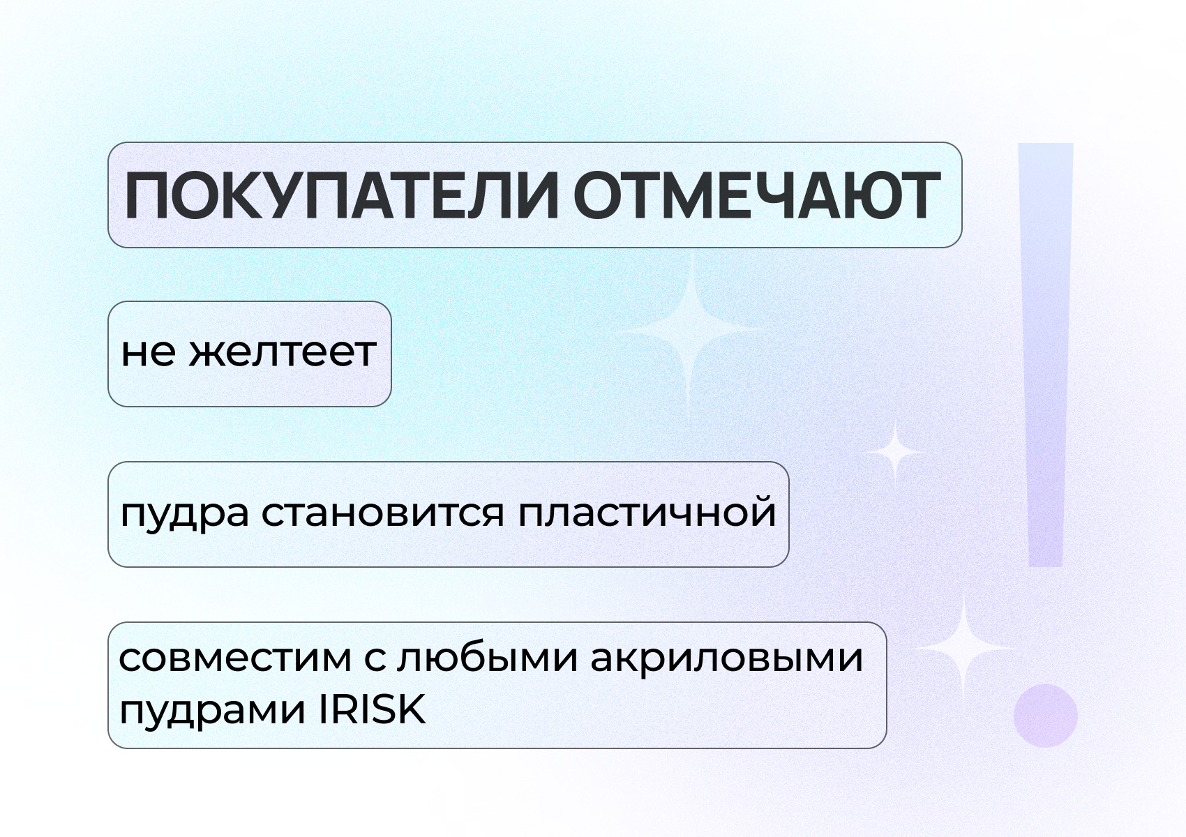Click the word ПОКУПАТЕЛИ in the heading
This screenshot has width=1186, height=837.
tap(342, 196)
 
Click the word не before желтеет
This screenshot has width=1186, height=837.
tap(148, 353)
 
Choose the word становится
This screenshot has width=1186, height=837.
tap(383, 513)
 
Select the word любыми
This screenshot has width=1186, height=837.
tap(488, 658)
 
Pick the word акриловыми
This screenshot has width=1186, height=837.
tap(727, 660)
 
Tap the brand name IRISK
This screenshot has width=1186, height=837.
tap(373, 709)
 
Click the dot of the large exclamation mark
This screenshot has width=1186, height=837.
tap(1046, 716)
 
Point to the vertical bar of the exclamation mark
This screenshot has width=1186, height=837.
tap(1046, 355)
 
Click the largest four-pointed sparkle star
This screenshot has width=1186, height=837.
tap(691, 331)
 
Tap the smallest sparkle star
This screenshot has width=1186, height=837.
tap(894, 451)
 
